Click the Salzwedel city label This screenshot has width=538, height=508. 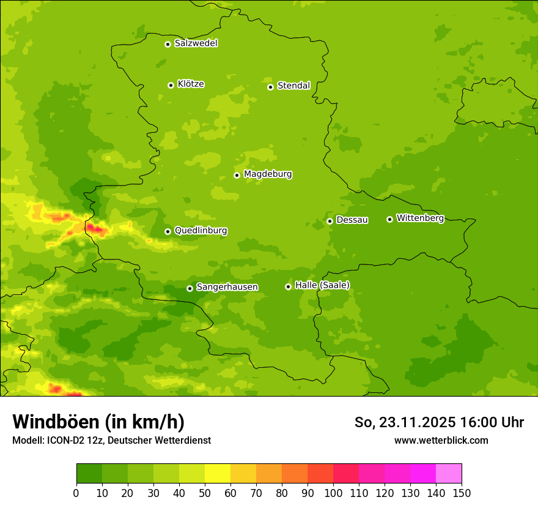(196, 43)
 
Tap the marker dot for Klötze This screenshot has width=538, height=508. (171, 85)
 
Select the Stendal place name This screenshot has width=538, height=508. (293, 86)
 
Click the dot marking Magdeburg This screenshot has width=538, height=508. (237, 175)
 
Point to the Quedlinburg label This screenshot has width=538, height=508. (201, 231)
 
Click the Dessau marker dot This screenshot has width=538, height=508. (330, 221)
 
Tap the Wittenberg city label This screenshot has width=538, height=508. (419, 218)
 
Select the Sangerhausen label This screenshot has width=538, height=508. (227, 287)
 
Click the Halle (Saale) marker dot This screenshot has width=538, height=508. (288, 286)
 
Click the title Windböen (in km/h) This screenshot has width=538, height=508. (98, 422)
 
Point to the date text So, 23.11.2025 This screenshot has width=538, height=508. (404, 422)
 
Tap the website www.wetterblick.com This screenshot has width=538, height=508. (441, 440)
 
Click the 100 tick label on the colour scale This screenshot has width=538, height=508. (333, 493)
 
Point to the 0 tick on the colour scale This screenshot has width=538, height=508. (76, 493)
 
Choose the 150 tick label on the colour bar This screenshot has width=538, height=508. (461, 493)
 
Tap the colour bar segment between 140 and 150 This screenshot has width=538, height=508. (449, 474)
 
